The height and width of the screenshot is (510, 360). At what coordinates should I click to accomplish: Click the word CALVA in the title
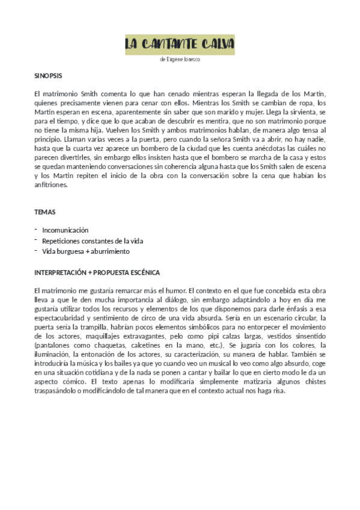point(214,44)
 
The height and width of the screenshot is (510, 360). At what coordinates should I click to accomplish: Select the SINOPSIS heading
point(48,77)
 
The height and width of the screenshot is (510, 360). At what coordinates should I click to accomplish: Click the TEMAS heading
point(44,212)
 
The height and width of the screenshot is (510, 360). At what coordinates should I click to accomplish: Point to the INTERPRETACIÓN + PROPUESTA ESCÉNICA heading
point(97,272)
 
